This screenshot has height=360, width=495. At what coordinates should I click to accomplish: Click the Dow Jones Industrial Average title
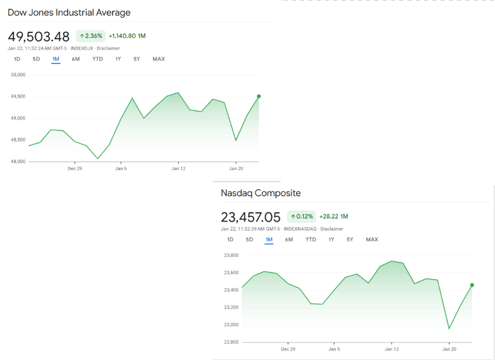click(x=69, y=12)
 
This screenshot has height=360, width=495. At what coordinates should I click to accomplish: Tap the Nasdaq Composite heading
click(x=260, y=193)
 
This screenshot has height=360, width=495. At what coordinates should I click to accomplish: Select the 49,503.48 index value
click(x=39, y=36)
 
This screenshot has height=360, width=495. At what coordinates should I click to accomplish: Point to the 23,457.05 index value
click(x=250, y=217)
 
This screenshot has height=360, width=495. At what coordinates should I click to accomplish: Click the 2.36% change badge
click(x=91, y=36)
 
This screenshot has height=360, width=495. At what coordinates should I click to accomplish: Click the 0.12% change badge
click(x=302, y=216)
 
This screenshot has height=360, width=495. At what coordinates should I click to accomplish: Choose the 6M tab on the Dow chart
click(x=75, y=59)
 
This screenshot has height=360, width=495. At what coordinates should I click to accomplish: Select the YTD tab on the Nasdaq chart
click(x=310, y=240)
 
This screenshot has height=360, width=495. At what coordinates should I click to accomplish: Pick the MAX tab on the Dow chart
click(x=159, y=59)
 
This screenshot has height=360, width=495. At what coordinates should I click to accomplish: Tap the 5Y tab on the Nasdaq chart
click(x=350, y=240)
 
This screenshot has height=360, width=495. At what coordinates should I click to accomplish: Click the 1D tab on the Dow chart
click(x=17, y=59)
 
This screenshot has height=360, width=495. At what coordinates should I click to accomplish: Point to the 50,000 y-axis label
click(x=18, y=75)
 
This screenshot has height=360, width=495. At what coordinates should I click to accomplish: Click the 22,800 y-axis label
click(x=231, y=342)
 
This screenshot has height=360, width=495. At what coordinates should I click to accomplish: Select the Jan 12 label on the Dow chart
click(x=179, y=169)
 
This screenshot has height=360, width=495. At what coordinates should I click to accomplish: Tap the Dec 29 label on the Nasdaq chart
click(x=288, y=349)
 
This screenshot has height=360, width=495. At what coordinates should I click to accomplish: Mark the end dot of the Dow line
click(x=259, y=96)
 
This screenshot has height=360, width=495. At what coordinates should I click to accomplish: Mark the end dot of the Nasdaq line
click(x=472, y=285)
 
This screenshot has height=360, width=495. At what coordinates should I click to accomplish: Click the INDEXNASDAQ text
click(x=300, y=229)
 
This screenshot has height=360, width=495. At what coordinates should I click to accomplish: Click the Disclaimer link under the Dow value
click(x=108, y=48)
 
